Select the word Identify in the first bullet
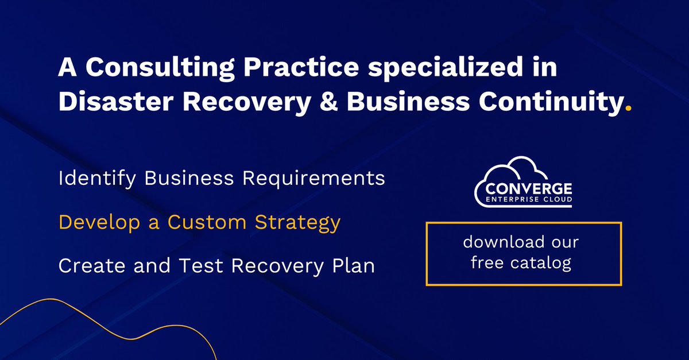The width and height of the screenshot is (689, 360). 97,179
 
